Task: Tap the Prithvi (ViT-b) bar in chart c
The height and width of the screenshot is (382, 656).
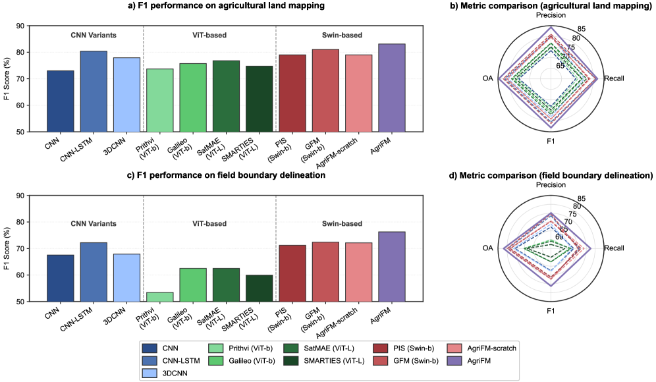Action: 159,296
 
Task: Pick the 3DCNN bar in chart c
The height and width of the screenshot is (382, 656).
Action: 126,277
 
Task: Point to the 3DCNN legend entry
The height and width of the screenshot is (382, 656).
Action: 174,373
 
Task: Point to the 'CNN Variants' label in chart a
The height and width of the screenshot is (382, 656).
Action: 93,35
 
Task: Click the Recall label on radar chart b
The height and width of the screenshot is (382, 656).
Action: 614,79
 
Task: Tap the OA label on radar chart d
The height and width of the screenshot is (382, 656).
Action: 488,248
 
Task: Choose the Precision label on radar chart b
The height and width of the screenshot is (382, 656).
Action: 552,14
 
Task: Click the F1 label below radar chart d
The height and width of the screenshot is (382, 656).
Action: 552,312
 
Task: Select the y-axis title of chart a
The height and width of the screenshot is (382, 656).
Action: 7,79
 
